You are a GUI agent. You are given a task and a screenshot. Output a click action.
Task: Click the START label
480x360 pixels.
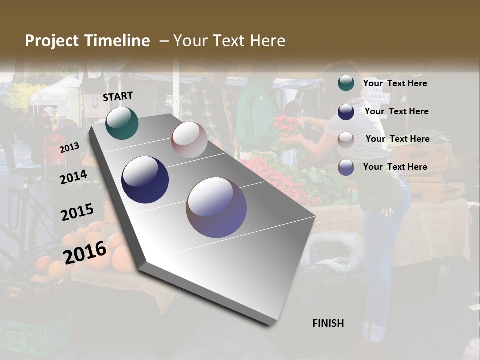click(118, 96)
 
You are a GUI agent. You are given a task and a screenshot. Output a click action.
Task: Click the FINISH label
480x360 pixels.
click(328, 323)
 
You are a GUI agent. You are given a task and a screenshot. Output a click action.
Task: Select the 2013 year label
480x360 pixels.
click(69, 147)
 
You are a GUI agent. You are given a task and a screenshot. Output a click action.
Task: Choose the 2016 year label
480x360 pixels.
click(85, 252)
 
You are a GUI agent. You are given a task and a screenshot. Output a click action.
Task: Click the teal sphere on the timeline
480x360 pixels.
click(122, 123)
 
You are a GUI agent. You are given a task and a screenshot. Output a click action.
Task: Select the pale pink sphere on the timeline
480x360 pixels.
click(189, 140)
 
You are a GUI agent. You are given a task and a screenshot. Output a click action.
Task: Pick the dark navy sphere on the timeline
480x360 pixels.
click(145, 180)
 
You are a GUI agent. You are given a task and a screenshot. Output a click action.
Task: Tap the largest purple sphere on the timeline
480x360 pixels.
click(216, 207)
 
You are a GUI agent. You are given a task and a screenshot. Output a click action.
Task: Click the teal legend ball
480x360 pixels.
click(346, 83)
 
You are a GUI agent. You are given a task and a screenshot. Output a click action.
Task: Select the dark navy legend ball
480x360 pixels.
click(346, 111)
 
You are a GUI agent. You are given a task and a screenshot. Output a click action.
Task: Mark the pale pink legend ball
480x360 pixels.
click(346, 139)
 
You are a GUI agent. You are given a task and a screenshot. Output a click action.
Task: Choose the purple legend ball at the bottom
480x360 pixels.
click(346, 167)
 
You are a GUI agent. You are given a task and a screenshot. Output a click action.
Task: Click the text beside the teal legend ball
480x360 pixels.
click(395, 83)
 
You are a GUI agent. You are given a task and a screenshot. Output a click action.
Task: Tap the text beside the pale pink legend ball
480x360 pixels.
click(397, 139)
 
